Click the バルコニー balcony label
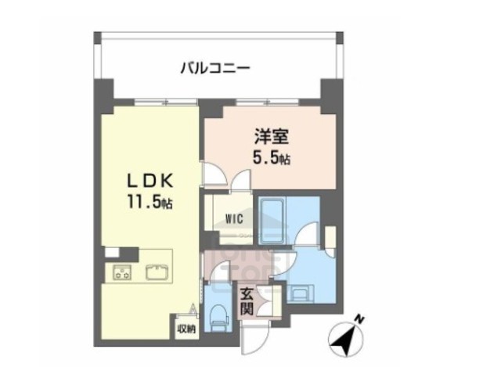[215, 68]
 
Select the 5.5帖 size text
[272, 159]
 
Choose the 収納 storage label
[185, 329]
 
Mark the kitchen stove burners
[123, 272]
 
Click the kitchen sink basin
[156, 272]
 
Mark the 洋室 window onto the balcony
[270, 102]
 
